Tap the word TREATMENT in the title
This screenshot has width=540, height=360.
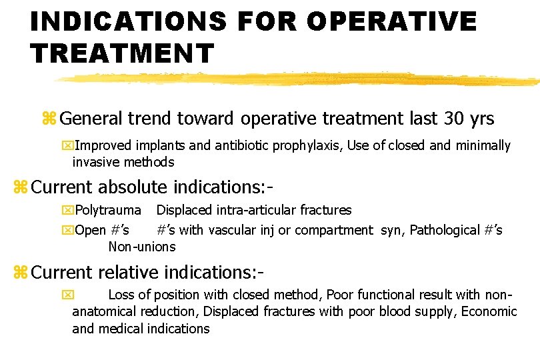[x=122, y=52]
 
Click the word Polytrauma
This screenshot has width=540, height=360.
[x=109, y=211]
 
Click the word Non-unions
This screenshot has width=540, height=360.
[x=142, y=247]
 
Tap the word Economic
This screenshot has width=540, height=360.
[x=488, y=311]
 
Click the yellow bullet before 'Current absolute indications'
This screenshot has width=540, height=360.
[x=21, y=187]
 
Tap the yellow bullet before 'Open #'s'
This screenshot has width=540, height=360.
[x=67, y=231]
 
